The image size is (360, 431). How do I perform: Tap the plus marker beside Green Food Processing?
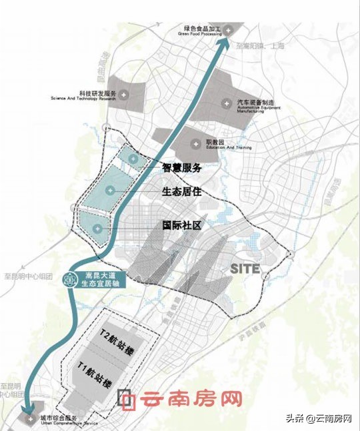tap(229, 31)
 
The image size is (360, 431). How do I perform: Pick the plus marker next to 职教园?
tap(196, 143)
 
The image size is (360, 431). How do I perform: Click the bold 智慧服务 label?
tap(182, 169)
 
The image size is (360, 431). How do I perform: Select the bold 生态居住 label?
tap(182, 192)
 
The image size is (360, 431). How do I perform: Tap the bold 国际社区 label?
tap(182, 226)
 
